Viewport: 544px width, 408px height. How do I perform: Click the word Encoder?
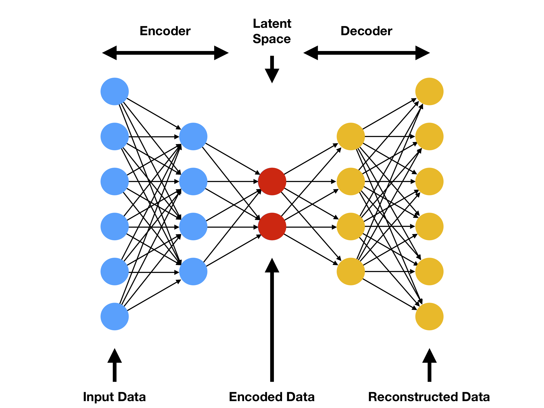tap(165, 31)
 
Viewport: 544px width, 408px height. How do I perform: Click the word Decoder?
tap(366, 31)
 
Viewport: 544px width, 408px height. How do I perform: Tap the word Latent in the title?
tap(272, 24)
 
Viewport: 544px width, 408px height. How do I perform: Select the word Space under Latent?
tap(272, 39)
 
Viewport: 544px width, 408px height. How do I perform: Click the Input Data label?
tap(114, 397)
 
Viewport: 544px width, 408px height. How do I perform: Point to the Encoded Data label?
tap(272, 397)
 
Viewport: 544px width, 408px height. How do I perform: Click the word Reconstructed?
tap(406, 397)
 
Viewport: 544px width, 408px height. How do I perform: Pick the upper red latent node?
tap(272, 181)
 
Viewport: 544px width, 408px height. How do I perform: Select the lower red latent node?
tap(272, 226)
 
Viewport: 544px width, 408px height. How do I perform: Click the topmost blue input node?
tap(115, 91)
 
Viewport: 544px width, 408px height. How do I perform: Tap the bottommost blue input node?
tap(115, 316)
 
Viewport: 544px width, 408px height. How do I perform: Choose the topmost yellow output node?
tap(429, 91)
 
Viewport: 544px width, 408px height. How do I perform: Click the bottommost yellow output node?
tap(429, 316)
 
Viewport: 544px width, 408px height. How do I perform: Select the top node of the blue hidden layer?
tap(193, 136)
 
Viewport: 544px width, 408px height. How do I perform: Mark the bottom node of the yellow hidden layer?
tap(351, 271)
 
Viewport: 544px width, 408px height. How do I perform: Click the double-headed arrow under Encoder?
tap(165, 53)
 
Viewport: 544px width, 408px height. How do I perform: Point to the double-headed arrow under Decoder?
tap(366, 53)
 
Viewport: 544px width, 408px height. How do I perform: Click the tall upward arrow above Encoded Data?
tap(272, 319)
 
